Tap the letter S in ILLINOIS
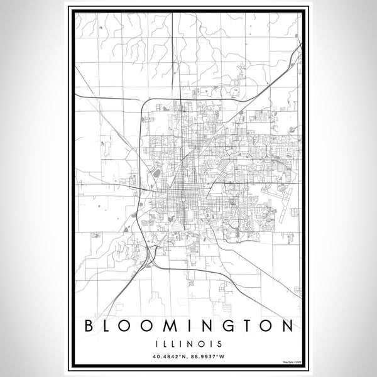(x=217, y=344)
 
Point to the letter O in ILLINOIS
(x=201, y=344)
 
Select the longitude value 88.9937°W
(x=207, y=358)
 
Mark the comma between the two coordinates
(x=187, y=359)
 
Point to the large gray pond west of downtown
(x=156, y=170)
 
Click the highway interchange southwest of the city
(x=150, y=253)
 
